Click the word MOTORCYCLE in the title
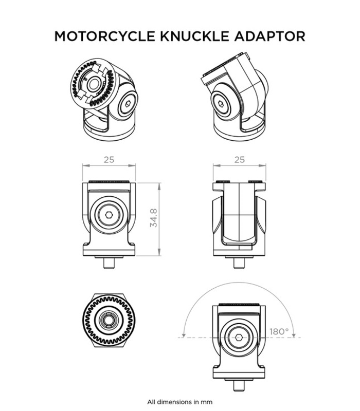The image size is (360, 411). click(x=105, y=36)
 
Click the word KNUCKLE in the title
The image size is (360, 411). click(x=195, y=36)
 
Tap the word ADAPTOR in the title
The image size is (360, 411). click(x=269, y=36)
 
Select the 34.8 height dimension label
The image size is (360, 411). click(x=153, y=218)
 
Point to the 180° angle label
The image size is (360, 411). click(x=279, y=331)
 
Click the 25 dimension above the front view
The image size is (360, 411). click(x=109, y=159)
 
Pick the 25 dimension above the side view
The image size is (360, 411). click(x=240, y=159)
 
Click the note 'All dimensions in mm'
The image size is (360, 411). click(x=179, y=402)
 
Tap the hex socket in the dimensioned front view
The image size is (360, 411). click(x=109, y=215)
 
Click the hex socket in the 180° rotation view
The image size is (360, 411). click(x=239, y=338)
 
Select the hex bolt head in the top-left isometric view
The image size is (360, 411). click(x=128, y=104)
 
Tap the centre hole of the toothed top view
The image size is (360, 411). click(x=108, y=320)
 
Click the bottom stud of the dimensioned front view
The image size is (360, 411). click(x=109, y=264)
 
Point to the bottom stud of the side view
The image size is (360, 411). click(x=239, y=264)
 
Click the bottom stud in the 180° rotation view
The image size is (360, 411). click(x=239, y=385)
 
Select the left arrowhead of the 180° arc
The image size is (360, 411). click(x=184, y=335)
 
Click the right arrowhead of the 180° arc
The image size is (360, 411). click(x=294, y=335)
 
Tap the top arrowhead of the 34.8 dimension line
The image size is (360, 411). click(x=159, y=186)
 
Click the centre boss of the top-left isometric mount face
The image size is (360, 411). click(x=94, y=84)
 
